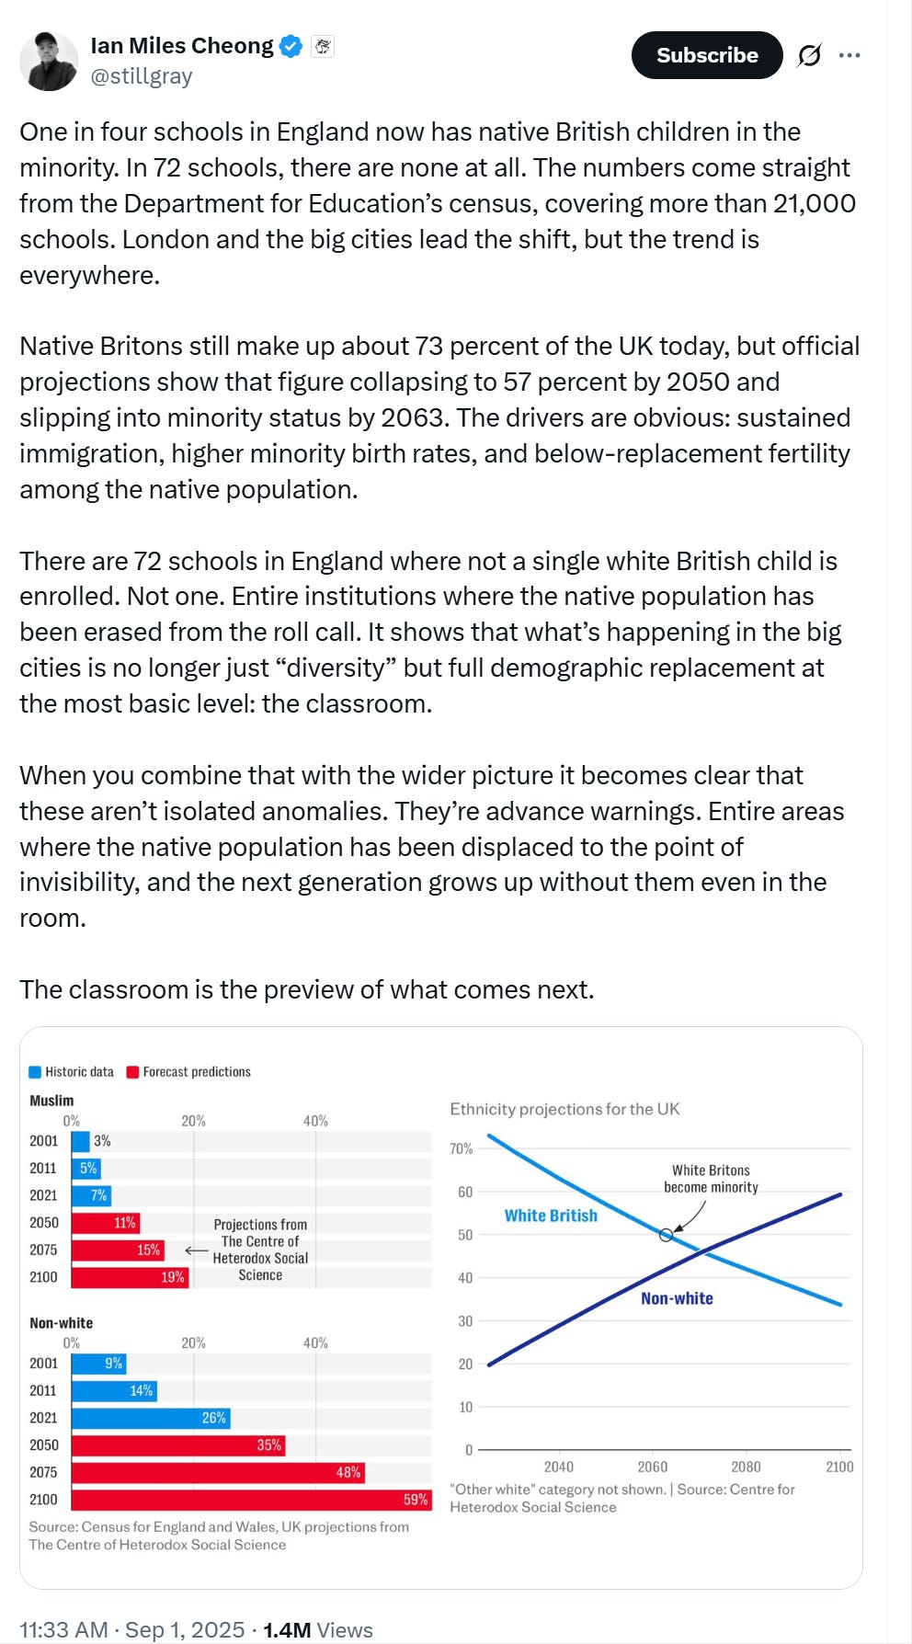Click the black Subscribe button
(706, 55)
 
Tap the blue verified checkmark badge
(291, 46)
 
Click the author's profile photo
(49, 62)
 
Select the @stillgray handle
(142, 76)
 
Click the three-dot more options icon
(849, 56)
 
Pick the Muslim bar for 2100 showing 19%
(130, 1277)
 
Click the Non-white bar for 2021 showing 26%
(150, 1418)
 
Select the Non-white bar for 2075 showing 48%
(217, 1472)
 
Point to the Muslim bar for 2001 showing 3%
(81, 1141)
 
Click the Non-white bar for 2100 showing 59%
(251, 1500)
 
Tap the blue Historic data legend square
(35, 1072)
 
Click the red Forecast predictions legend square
(132, 1072)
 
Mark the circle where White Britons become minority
(667, 1235)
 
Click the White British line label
(551, 1216)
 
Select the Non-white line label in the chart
(677, 1298)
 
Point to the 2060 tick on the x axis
(653, 1467)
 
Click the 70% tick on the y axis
(462, 1148)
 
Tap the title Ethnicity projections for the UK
(564, 1109)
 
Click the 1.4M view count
(287, 1630)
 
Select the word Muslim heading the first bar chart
(51, 1101)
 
